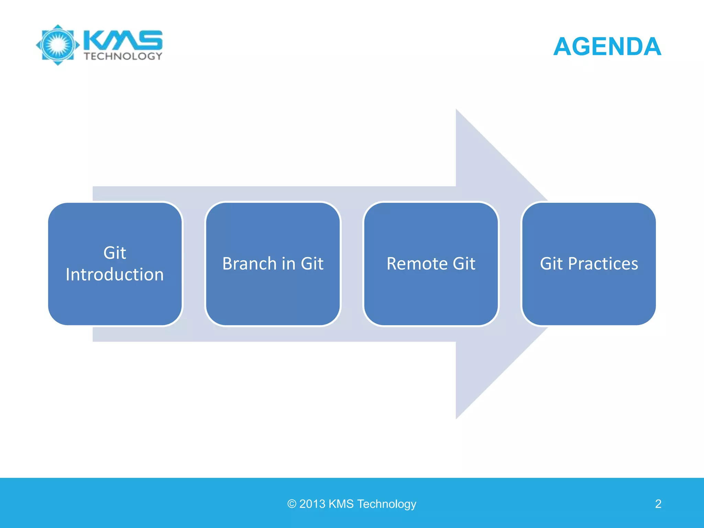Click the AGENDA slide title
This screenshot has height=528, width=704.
[x=607, y=46]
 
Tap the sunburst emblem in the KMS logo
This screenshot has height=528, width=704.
[x=58, y=45]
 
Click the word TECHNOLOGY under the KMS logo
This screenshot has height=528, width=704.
[x=123, y=56]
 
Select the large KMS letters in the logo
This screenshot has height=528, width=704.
[x=123, y=40]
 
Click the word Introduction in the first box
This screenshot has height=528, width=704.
[x=114, y=275]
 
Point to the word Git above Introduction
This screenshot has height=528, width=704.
[x=115, y=253]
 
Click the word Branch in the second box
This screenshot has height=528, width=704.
[x=250, y=264]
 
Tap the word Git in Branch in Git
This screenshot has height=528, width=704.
[x=312, y=264]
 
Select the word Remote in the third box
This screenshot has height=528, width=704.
[x=417, y=264]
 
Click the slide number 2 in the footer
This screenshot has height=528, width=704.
[x=658, y=504]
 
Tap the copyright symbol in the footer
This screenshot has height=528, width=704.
[x=292, y=504]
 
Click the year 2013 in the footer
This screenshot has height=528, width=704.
[x=312, y=504]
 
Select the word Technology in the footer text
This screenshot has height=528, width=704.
[x=387, y=504]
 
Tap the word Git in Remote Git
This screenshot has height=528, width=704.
[x=464, y=264]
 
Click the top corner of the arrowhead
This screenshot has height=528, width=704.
[x=456, y=110]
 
